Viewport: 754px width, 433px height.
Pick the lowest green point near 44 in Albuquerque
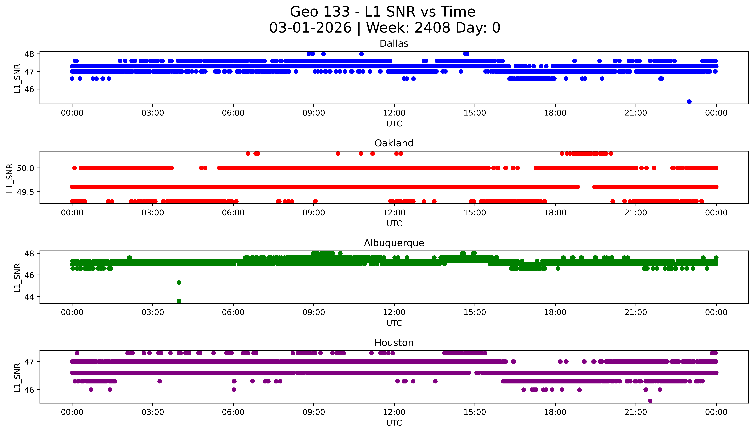click(179, 301)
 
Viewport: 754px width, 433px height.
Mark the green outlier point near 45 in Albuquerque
click(179, 283)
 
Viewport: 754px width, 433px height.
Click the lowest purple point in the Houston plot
click(650, 401)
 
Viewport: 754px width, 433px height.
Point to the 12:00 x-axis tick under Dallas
click(394, 113)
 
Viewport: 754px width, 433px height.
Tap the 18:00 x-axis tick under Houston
click(555, 412)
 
